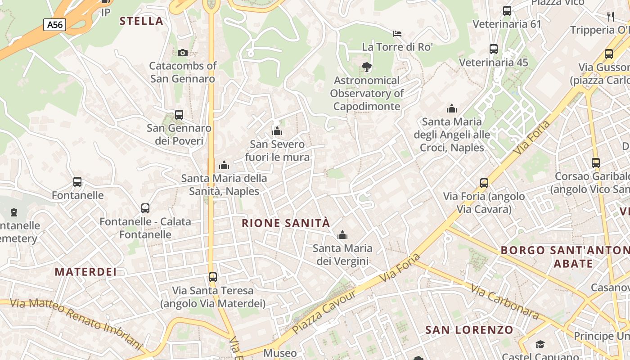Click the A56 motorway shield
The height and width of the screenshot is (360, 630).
(x=55, y=24)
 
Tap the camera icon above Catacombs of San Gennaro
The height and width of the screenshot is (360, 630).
(x=182, y=53)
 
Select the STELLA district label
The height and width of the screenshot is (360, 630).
(x=141, y=21)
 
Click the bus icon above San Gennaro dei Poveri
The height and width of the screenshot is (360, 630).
(x=179, y=115)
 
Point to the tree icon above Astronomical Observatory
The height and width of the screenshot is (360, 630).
(x=367, y=67)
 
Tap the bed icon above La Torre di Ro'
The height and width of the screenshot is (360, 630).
(x=397, y=33)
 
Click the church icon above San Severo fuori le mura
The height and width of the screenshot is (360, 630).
(x=277, y=131)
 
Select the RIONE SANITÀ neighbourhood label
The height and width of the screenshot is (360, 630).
(x=286, y=223)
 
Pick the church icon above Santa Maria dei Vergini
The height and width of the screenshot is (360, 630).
(x=342, y=235)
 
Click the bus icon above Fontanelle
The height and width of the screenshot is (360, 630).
(x=77, y=182)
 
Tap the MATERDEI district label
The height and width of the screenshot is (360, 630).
(x=85, y=272)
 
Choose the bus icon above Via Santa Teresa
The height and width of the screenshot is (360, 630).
(x=213, y=277)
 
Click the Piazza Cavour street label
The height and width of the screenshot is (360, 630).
(x=324, y=312)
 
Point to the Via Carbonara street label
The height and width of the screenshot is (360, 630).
(x=504, y=301)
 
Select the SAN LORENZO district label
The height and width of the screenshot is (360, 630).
(x=469, y=330)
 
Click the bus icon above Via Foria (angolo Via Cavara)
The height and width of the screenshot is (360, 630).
(x=484, y=183)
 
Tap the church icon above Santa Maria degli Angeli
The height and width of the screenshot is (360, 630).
(x=452, y=108)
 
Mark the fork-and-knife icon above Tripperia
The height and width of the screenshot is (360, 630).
(x=611, y=17)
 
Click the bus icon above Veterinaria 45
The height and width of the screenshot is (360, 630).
(x=494, y=49)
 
